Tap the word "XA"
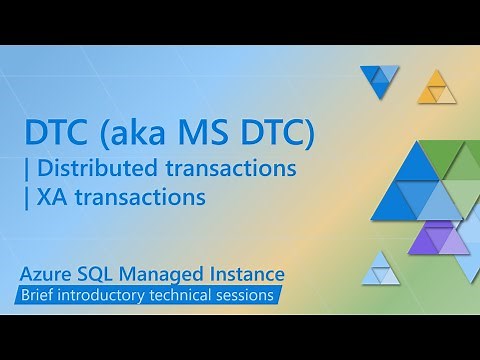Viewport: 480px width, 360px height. tap(49, 197)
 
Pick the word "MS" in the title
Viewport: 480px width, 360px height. tap(205, 133)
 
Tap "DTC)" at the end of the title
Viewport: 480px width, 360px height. tap(276, 133)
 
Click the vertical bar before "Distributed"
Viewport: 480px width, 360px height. tap(28, 168)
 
